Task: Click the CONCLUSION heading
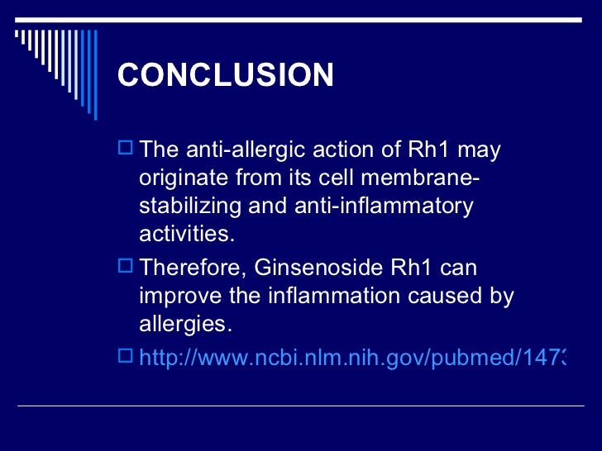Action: [x=226, y=76]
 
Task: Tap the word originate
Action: [x=184, y=178]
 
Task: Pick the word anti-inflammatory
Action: [x=383, y=206]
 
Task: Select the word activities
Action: [x=187, y=234]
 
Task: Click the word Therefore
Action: [x=193, y=268]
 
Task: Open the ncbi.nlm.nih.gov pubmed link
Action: [x=351, y=358]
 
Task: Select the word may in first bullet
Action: [x=479, y=151]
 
